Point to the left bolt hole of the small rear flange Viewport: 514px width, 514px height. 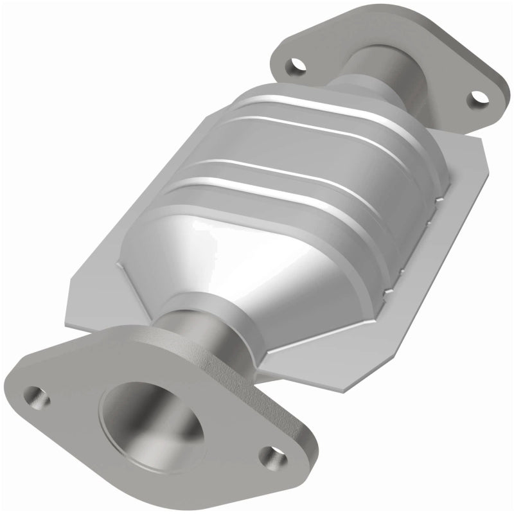(296, 65)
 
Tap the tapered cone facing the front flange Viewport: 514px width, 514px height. (212, 257)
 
